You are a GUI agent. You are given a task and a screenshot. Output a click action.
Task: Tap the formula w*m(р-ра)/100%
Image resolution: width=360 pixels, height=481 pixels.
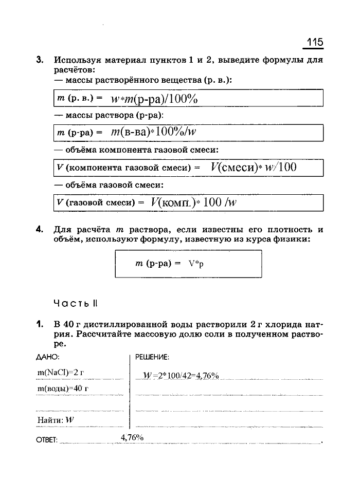154,99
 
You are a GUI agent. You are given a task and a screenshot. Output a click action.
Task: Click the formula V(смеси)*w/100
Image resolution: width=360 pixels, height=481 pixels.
253,167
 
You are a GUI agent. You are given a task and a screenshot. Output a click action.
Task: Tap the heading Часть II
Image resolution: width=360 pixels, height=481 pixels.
75,303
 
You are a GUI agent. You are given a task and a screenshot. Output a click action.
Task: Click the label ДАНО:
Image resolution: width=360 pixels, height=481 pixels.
47,356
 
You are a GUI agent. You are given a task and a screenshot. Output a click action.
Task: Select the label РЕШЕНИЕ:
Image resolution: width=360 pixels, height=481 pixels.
152,357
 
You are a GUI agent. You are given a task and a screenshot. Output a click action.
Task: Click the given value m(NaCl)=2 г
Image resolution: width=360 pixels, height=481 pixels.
60,372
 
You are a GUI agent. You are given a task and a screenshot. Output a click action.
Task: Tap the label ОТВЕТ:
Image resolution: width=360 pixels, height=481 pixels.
47,440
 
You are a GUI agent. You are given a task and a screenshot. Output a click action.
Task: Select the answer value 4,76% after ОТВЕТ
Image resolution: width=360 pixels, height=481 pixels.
132,437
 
